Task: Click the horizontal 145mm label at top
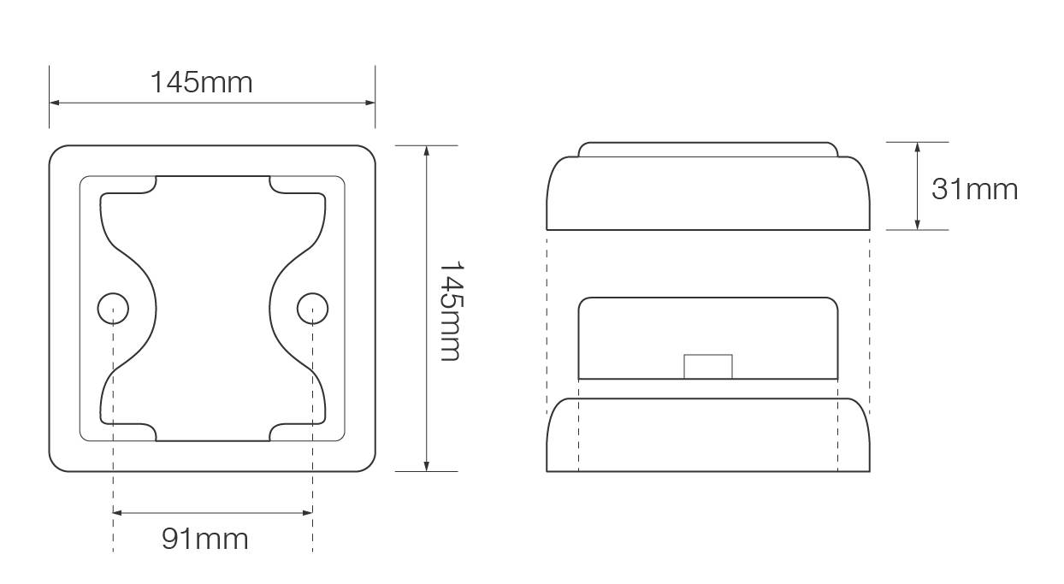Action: point(202,82)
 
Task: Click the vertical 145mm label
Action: point(450,310)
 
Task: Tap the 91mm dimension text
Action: point(205,539)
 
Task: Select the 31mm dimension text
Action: point(974,188)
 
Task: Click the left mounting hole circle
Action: point(113,308)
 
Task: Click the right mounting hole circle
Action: point(312,308)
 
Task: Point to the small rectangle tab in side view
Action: point(708,366)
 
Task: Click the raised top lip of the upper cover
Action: point(708,150)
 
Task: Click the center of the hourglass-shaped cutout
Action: point(213,309)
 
